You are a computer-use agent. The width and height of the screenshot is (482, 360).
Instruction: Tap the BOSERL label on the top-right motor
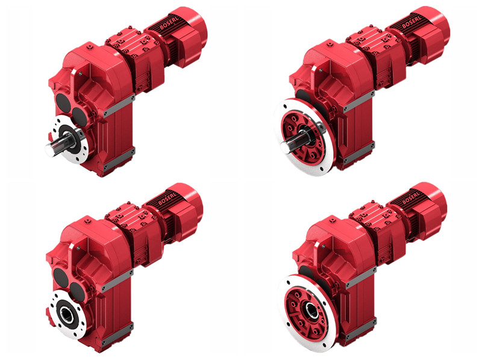coord(412,22)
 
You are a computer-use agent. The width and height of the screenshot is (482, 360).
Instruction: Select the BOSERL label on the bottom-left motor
coord(168,199)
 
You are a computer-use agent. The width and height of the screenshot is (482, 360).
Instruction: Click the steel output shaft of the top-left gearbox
coord(59,146)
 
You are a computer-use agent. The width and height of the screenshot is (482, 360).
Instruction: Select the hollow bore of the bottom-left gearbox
coord(67,313)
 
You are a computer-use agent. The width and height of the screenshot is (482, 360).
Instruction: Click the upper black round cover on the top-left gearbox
coord(63,102)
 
